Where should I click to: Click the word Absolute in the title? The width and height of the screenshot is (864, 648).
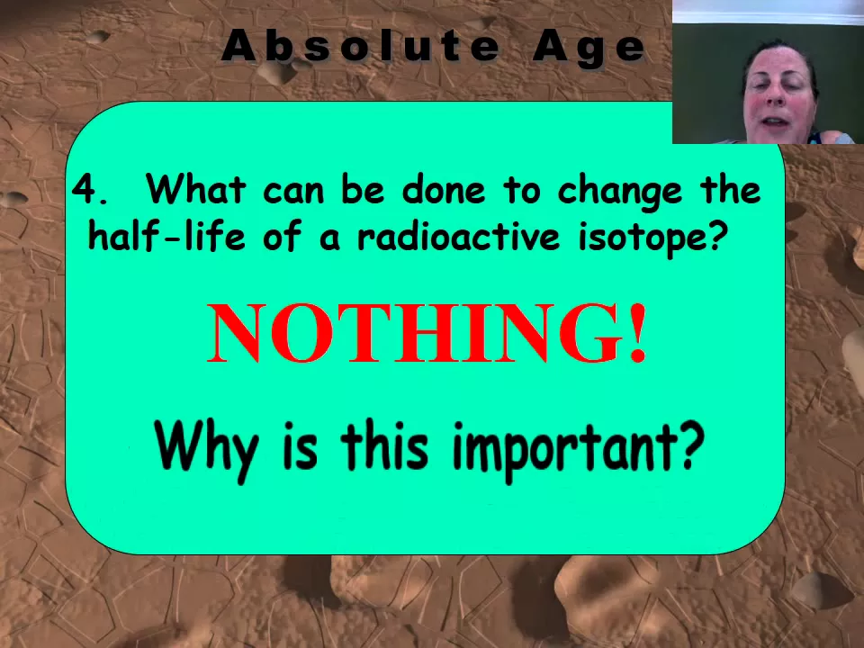tap(360, 45)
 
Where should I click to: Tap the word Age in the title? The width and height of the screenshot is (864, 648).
tap(589, 48)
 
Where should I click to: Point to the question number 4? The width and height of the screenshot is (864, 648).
tap(90, 189)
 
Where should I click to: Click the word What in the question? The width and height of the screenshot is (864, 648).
tap(195, 188)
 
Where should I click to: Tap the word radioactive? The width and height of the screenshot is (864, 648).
tap(458, 236)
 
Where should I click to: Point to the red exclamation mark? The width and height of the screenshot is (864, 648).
tap(638, 333)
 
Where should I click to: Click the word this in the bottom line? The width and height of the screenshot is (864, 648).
tap(384, 445)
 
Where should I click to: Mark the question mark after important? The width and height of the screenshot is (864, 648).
tap(691, 445)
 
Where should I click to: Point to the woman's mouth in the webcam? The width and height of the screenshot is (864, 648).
tap(777, 121)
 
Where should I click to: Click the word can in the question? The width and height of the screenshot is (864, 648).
tap(293, 191)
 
